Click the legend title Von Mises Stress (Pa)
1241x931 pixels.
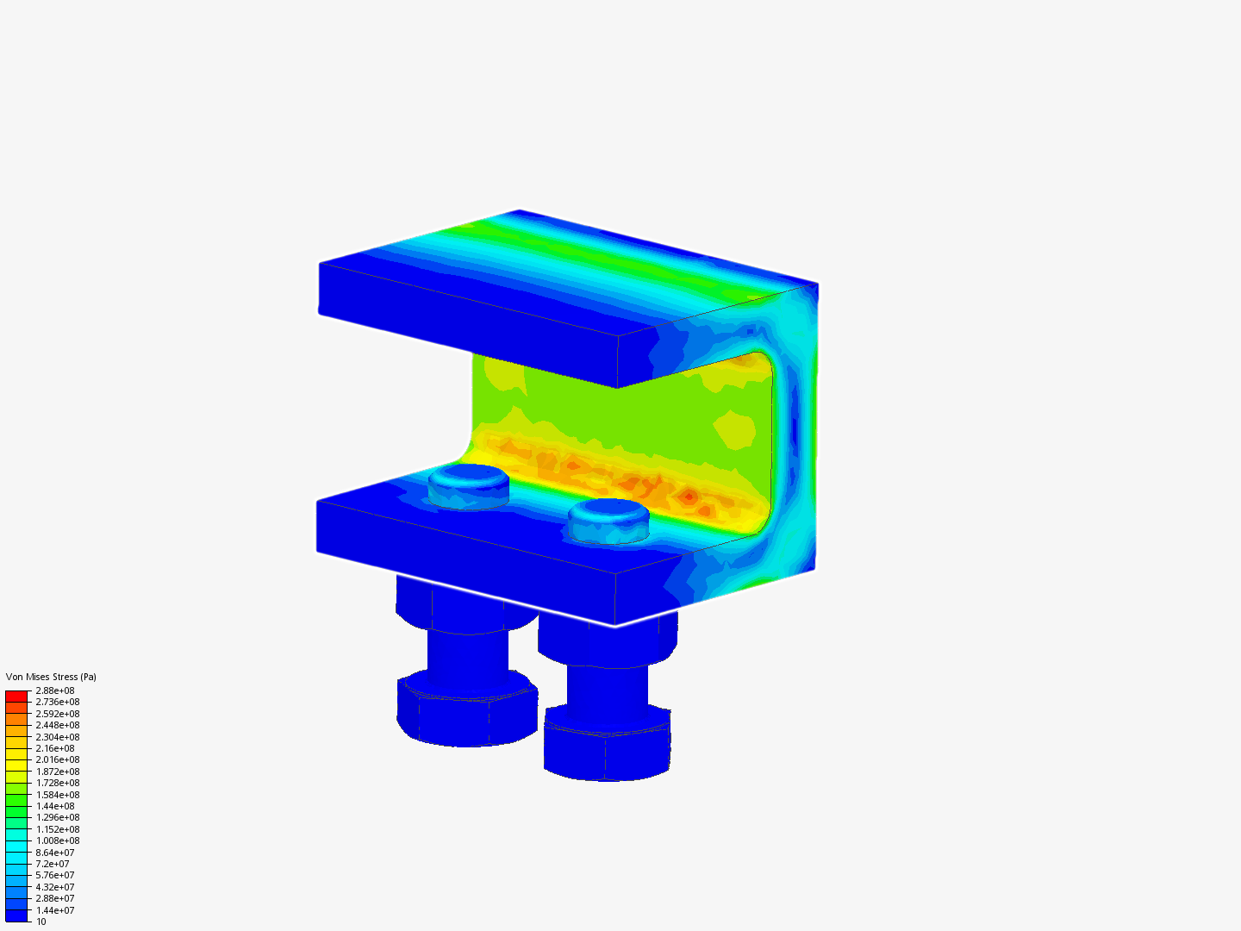click(x=51, y=677)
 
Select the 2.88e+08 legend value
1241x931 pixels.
click(x=55, y=690)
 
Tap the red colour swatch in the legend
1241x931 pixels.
click(x=16, y=696)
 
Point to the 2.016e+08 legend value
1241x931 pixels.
click(x=58, y=760)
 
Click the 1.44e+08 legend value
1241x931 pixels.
click(x=55, y=806)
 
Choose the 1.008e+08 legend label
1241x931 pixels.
click(x=58, y=840)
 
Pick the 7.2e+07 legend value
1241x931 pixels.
click(x=53, y=864)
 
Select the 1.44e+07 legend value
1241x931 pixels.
click(x=55, y=910)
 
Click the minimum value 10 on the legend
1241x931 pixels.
click(x=41, y=922)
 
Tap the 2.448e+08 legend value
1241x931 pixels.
click(x=58, y=725)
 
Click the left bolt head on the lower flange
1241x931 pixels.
click(x=469, y=484)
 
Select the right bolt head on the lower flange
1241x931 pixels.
click(x=608, y=519)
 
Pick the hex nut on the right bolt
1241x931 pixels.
click(x=607, y=746)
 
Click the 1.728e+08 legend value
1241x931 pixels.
click(x=58, y=783)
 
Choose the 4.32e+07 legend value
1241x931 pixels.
click(x=55, y=887)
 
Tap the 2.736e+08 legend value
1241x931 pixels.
click(x=58, y=702)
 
